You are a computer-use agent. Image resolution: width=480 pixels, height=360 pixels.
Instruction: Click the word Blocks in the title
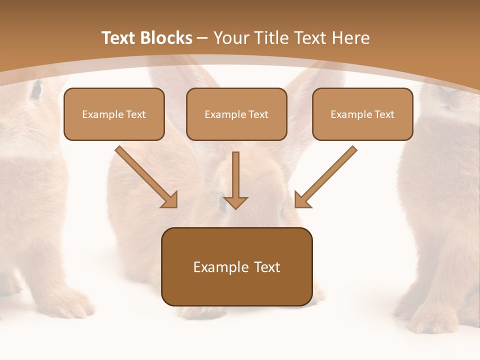coord(166,38)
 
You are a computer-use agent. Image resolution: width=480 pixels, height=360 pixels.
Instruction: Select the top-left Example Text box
coord(114,114)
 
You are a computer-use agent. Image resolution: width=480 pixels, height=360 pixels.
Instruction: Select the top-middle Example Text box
coord(236,114)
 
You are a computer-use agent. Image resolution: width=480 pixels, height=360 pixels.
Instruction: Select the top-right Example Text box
coord(362,114)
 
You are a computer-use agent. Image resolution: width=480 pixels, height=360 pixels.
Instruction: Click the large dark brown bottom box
coord(236,266)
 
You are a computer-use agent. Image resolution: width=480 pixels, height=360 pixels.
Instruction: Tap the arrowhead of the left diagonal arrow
coord(170,200)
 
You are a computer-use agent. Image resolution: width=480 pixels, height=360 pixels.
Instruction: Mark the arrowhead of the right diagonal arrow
coord(301,200)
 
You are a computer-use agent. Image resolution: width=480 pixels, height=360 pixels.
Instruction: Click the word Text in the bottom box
coord(266,267)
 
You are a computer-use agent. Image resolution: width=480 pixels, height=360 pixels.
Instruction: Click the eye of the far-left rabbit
coord(36,90)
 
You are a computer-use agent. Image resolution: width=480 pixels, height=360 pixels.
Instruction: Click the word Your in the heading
coord(230,38)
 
